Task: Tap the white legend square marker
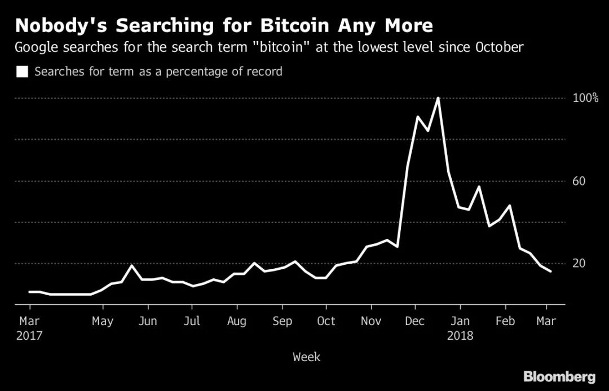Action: (x=22, y=72)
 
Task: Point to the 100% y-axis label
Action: (x=585, y=98)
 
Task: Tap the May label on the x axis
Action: (x=103, y=321)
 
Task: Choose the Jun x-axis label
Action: (x=148, y=321)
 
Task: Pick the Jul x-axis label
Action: (x=192, y=321)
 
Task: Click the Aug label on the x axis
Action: (x=237, y=321)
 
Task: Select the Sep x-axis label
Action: (x=282, y=321)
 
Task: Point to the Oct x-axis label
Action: (x=326, y=321)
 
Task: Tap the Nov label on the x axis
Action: (x=371, y=321)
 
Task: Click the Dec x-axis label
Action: (x=415, y=321)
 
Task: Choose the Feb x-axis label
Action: (x=505, y=321)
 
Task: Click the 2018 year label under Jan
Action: (x=460, y=336)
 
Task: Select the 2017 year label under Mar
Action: (x=29, y=336)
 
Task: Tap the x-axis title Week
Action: (x=306, y=357)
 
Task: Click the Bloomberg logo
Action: (x=559, y=376)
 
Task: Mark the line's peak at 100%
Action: (x=438, y=98)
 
